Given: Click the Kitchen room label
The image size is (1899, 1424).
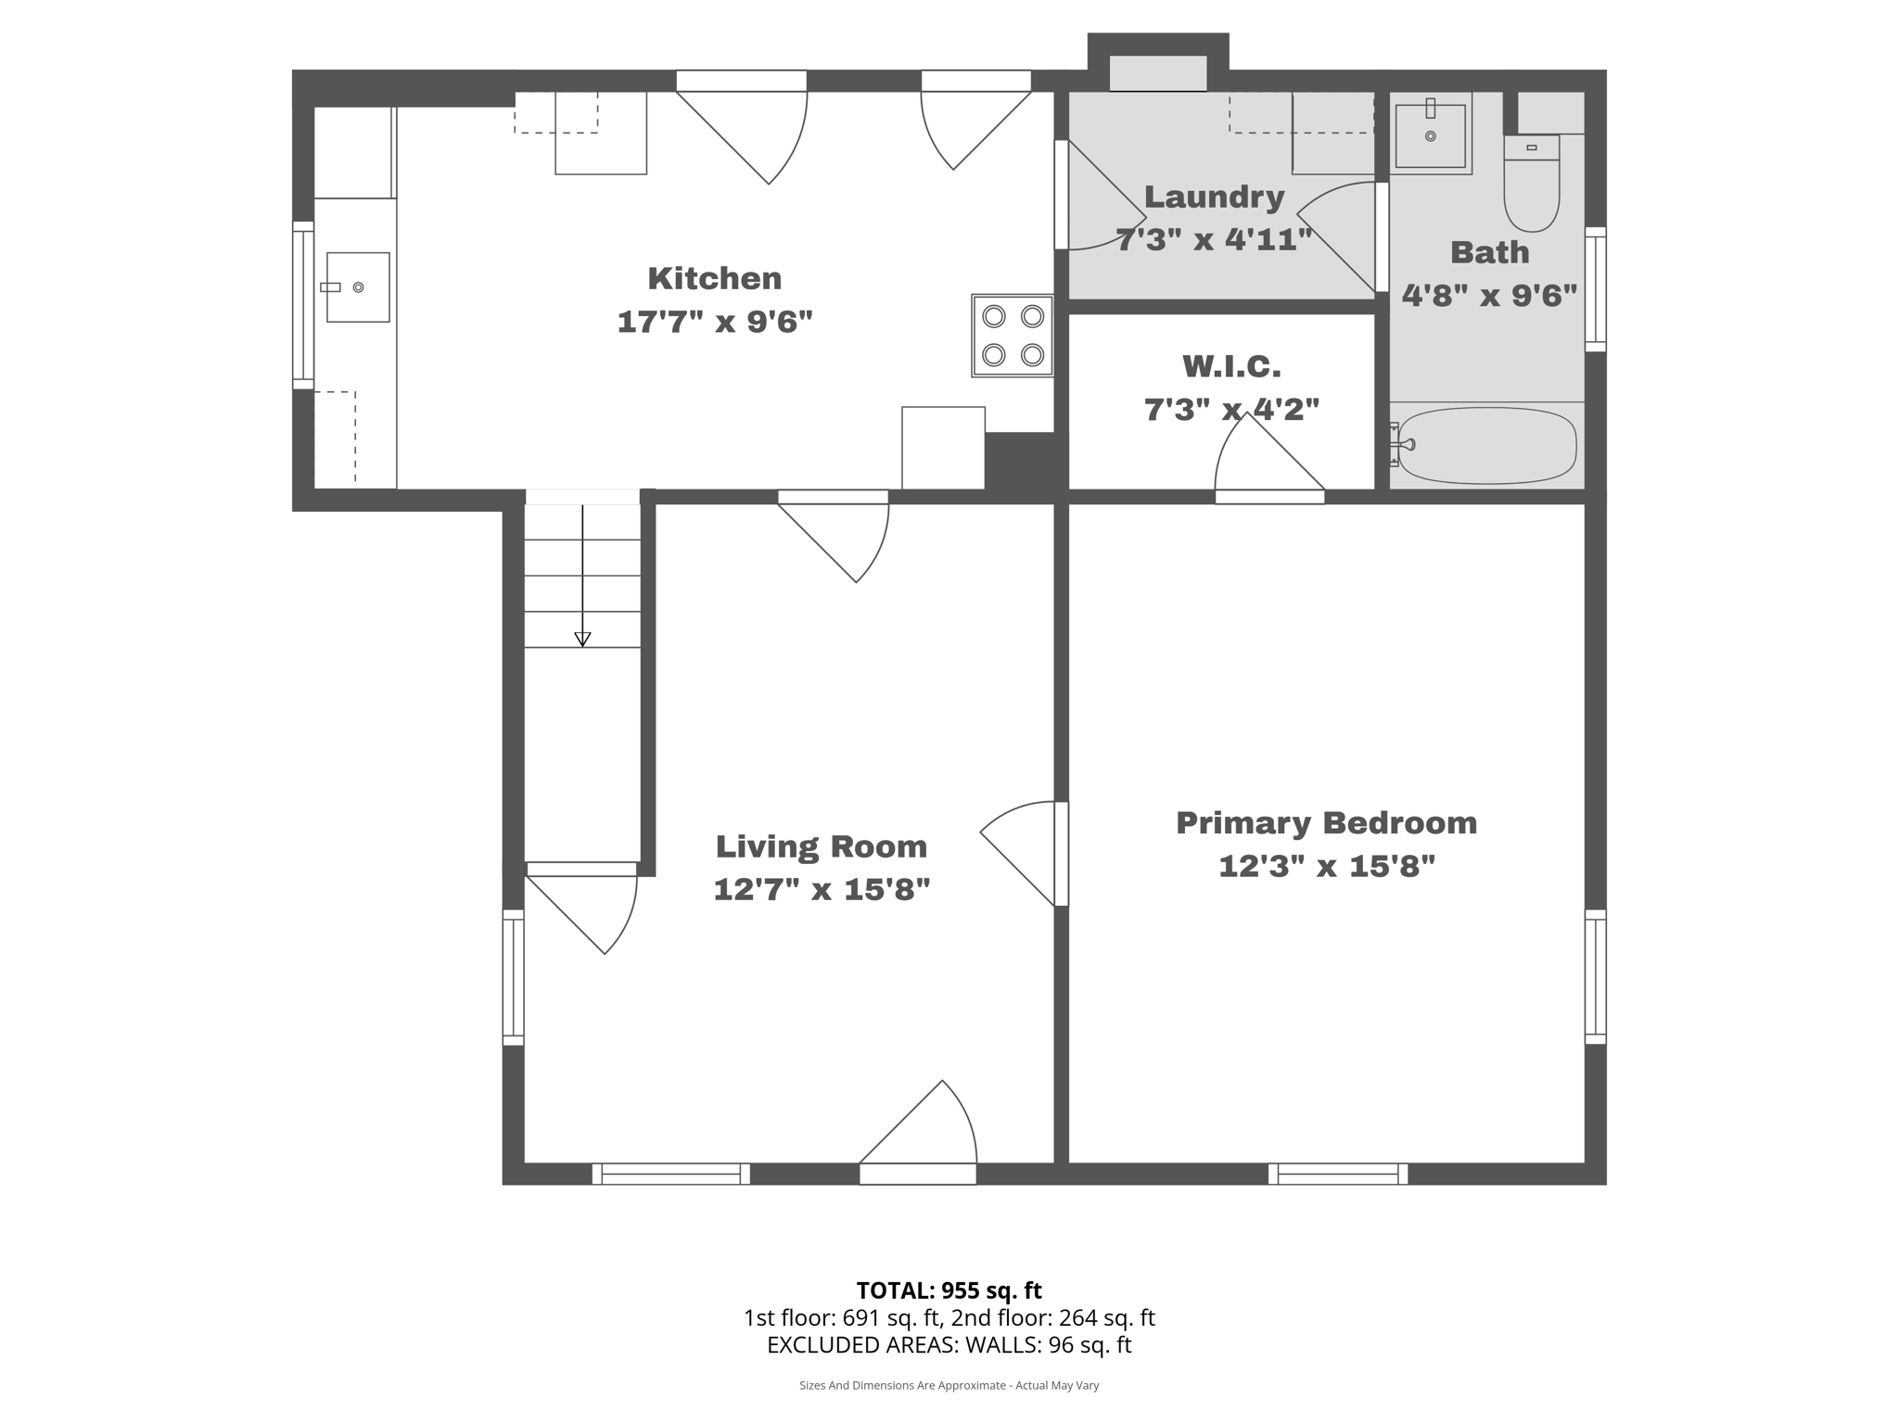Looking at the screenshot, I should tap(714, 278).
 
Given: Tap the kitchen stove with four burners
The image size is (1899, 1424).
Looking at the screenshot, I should tap(1012, 336).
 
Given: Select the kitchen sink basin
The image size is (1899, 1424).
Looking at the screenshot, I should tap(357, 287).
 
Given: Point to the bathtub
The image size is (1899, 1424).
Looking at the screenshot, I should tap(1486, 446).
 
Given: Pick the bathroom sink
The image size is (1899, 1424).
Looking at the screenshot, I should tap(1430, 135).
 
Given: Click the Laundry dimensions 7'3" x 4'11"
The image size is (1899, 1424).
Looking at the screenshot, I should tap(1214, 240).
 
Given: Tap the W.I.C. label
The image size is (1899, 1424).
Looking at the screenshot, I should tap(1231, 367).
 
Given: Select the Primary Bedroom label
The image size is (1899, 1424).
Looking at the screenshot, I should tap(1326, 823).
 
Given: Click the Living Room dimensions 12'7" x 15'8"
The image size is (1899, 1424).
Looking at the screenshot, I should tap(822, 890).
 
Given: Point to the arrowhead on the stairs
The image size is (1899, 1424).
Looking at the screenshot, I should tap(582, 639).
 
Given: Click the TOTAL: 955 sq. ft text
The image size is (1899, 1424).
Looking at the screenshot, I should tap(949, 1290).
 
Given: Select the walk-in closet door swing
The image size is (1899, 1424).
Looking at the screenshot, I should tap(1266, 459).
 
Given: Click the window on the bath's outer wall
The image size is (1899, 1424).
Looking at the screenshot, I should tap(1595, 289).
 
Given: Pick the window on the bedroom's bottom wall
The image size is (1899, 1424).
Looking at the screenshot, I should tap(1338, 1174).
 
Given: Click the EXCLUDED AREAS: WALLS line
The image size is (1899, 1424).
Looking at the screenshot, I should tap(949, 1345).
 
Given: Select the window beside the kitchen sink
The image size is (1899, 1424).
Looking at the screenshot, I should tap(303, 305).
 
